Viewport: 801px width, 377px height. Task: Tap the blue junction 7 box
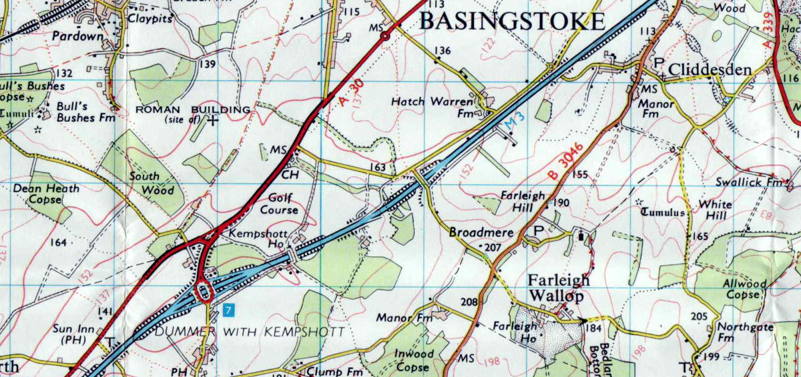[x=229, y=310]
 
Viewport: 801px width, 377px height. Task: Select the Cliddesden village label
[x=710, y=69]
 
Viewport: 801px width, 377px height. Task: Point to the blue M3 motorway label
[x=512, y=122]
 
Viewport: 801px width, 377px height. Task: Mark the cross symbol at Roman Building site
[x=213, y=121]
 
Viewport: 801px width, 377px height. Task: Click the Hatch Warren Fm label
[x=441, y=107]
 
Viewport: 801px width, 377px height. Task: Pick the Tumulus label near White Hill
[x=663, y=212]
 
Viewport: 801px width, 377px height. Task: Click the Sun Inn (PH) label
[x=74, y=334]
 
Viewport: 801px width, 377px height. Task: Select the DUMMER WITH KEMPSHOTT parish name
[x=250, y=332]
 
